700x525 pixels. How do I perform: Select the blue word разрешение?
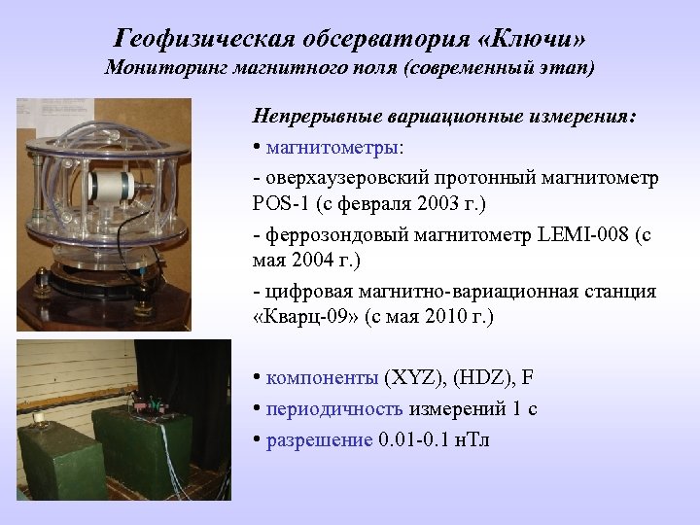(320, 439)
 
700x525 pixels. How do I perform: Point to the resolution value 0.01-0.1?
(416, 439)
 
